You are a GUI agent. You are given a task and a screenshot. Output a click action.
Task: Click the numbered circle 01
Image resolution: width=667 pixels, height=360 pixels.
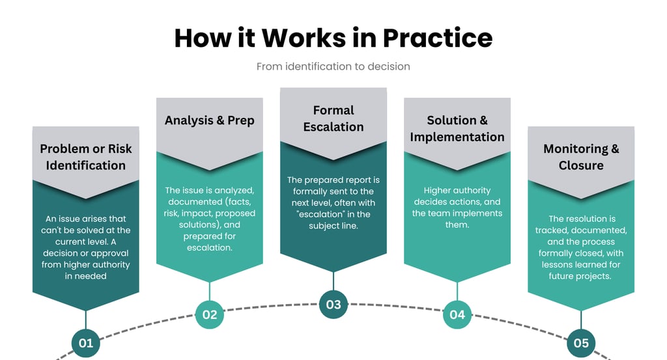point(86,342)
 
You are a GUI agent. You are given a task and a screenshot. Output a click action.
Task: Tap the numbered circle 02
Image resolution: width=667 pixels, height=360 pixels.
point(210,314)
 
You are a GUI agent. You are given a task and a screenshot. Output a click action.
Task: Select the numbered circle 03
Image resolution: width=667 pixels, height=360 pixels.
point(333,305)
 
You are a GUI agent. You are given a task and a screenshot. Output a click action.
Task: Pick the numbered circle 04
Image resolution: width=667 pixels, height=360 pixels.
point(457,314)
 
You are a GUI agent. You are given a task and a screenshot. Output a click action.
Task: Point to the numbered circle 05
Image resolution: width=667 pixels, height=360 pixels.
point(581,342)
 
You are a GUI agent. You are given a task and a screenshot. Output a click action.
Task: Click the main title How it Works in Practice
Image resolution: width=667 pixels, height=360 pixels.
point(333,38)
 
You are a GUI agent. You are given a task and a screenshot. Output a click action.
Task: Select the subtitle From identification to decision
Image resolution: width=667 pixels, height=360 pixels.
point(333,66)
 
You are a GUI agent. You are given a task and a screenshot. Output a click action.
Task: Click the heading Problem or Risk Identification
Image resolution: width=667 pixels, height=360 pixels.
point(86,157)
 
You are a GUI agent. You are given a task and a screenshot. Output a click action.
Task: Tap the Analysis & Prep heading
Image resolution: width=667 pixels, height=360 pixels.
point(210,120)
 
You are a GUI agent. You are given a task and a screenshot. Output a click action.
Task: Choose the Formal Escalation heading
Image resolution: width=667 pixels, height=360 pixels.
point(333,118)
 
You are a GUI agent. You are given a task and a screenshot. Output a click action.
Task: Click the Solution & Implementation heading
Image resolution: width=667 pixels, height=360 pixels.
point(457,128)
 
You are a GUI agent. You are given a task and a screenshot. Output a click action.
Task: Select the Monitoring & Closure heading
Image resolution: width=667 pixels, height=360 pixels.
point(581,157)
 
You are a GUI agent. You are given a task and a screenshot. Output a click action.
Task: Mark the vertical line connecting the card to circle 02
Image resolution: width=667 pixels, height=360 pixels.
point(210,291)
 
